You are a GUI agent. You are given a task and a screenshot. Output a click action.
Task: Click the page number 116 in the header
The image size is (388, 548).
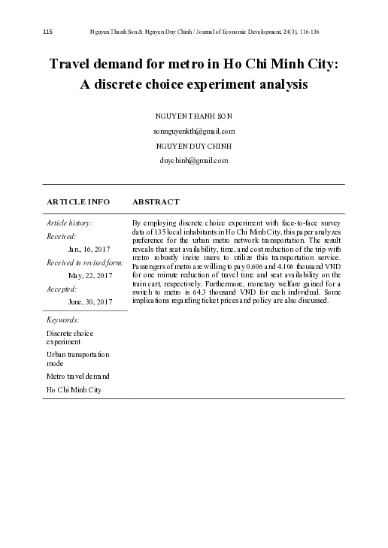(47, 32)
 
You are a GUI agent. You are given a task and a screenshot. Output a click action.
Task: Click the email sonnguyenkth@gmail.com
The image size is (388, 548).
(193, 131)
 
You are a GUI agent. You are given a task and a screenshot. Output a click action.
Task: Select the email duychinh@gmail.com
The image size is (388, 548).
(193, 160)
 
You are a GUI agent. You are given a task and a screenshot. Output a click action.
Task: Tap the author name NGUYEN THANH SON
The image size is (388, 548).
(193, 117)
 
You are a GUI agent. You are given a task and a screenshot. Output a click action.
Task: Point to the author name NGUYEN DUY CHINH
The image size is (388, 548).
(193, 146)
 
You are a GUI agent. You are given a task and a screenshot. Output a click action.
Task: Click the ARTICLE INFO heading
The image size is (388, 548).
(78, 202)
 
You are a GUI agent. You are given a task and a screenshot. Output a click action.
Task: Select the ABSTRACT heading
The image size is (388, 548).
(155, 202)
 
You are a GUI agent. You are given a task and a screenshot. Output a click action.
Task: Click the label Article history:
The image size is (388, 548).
(70, 223)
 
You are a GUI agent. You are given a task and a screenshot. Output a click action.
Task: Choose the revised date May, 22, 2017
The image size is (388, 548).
(90, 275)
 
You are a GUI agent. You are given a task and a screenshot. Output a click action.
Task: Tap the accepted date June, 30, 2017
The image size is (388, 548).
(90, 301)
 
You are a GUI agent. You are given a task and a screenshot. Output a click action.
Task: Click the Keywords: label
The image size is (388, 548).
(62, 320)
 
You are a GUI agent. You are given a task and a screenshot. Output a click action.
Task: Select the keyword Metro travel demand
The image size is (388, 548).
(78, 375)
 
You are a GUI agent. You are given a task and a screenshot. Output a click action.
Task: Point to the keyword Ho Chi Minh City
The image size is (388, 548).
(74, 389)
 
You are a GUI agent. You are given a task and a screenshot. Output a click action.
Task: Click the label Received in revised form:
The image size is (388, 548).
(85, 262)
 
